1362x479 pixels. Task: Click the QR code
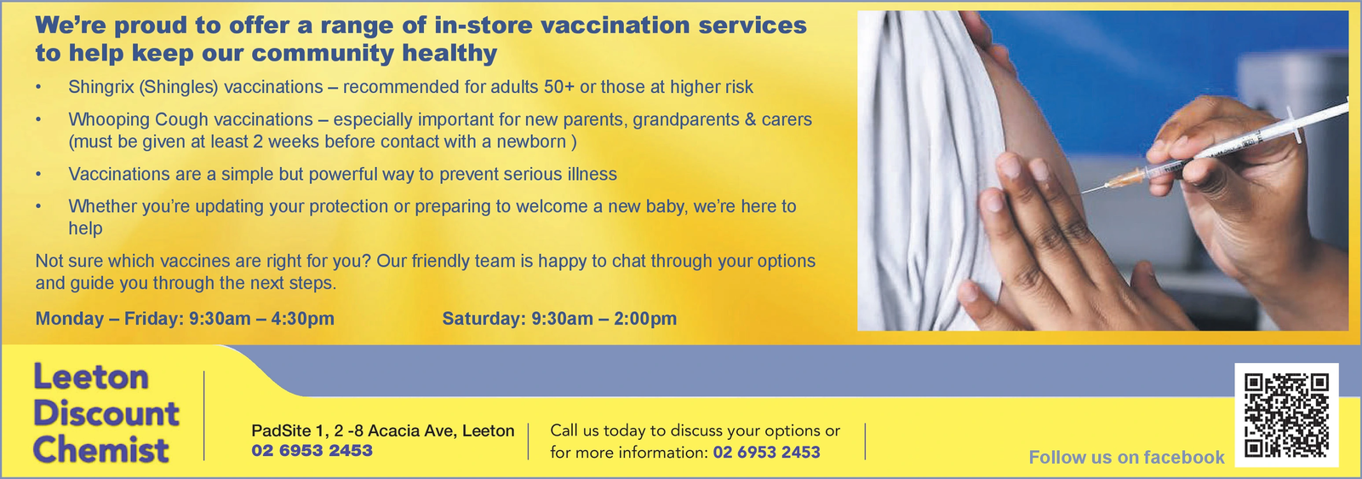1286,416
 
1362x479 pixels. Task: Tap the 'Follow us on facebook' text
1126,457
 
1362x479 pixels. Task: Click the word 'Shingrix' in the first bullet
101,87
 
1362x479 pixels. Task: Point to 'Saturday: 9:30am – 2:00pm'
559,318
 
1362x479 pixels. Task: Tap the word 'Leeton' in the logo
91,377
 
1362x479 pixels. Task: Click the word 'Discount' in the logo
106,413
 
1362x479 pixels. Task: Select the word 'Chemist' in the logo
101,450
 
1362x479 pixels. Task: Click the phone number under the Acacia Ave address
312,450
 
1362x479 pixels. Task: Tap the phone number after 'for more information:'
767,453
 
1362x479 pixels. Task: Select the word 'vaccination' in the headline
615,26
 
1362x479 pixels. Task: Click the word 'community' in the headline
323,54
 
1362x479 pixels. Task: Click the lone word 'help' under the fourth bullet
85,228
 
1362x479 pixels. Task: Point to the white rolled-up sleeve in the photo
930,164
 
